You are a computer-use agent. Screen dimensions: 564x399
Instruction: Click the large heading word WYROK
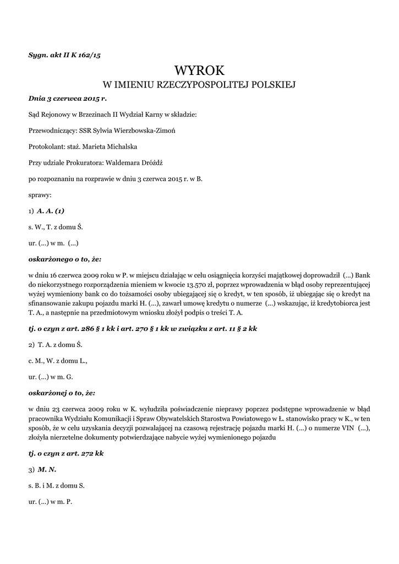(x=199, y=70)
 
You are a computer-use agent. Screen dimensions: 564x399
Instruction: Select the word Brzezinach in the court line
(x=99, y=115)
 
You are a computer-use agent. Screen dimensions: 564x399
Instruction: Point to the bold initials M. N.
(x=47, y=469)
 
